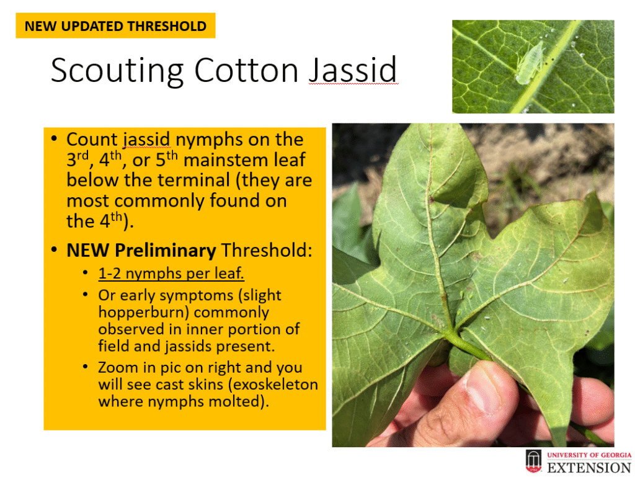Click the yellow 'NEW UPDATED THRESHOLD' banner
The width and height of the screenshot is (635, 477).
point(115,25)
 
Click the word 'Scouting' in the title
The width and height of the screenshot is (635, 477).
point(118,71)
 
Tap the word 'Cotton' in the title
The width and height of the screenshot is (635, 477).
point(247,70)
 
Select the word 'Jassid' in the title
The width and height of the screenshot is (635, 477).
point(353,71)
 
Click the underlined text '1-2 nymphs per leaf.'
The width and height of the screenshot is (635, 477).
point(171,274)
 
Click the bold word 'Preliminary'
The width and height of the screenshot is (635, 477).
point(165,251)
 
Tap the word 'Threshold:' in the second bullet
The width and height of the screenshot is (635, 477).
point(267,250)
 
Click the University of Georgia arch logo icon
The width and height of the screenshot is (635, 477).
point(533,461)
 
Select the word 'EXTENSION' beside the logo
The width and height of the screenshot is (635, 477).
point(589,468)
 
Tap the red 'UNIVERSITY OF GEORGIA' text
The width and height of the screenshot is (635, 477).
point(589,455)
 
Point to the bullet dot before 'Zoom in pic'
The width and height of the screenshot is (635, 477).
point(85,367)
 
